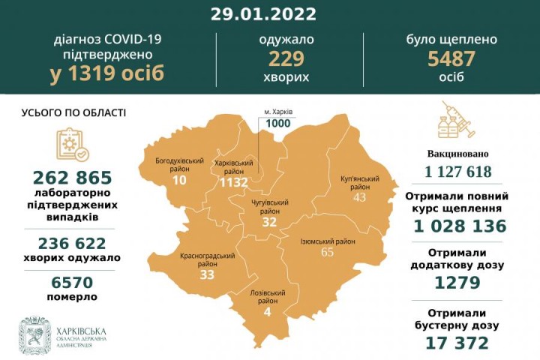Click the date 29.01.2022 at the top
268,14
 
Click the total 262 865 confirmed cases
73,178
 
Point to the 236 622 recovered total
73,242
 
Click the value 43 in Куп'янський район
361,196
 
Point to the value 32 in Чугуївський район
269,222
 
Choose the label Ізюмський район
328,241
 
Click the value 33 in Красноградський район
207,274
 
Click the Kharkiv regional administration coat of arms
34,335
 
